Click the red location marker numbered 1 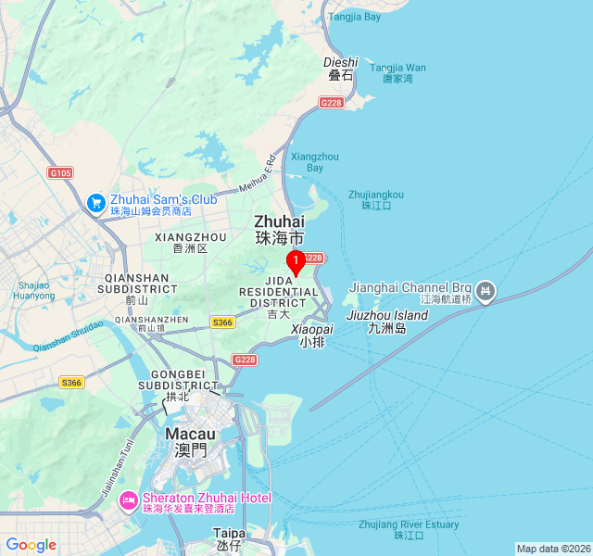[x=296, y=262]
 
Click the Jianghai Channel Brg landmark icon [x=486, y=293]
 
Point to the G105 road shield [x=60, y=172]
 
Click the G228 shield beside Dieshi [x=332, y=102]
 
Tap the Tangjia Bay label [x=354, y=17]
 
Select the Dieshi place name [x=340, y=63]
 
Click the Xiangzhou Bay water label [x=315, y=162]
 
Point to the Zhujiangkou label [x=376, y=195]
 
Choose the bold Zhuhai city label [x=279, y=221]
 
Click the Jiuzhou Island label [x=387, y=315]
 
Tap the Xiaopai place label [x=312, y=329]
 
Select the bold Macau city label [x=191, y=434]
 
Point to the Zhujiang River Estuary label [x=409, y=524]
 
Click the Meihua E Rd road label [x=257, y=173]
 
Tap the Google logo [x=31, y=545]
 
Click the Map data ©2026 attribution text [x=553, y=549]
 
